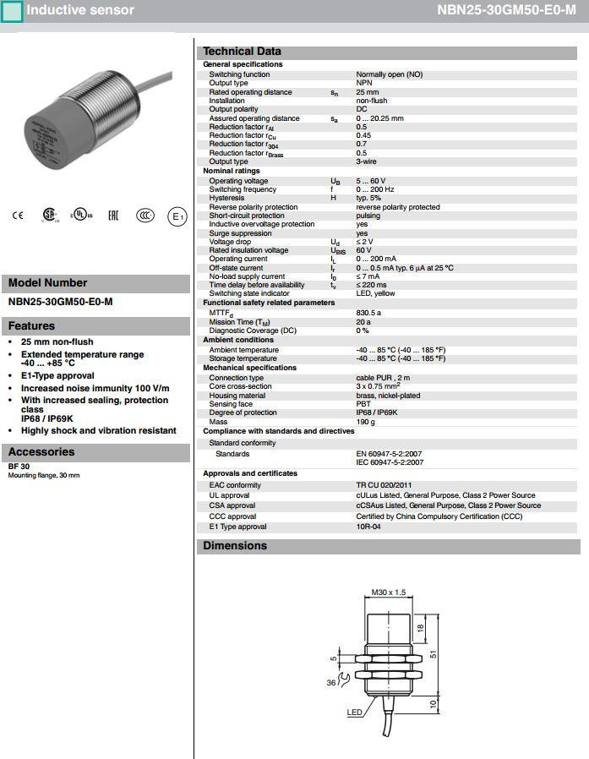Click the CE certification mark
(17, 216)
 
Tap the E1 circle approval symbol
(177, 216)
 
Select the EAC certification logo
(112, 216)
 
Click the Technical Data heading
(242, 52)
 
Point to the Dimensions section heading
(235, 546)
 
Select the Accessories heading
(41, 452)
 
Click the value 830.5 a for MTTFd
(369, 312)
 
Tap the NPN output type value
(364, 83)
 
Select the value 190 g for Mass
(366, 421)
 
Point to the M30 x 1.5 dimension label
(390, 592)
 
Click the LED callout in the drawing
(354, 713)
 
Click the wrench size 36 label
(332, 683)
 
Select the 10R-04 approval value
(369, 527)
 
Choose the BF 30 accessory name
(19, 467)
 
